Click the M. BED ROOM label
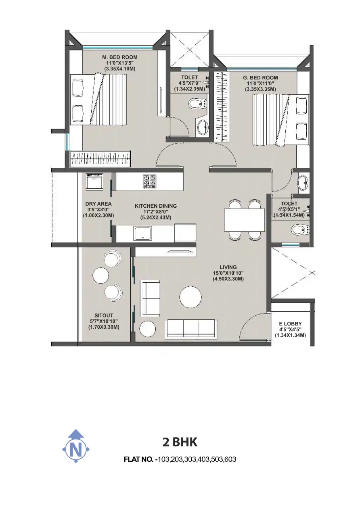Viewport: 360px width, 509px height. click(x=119, y=57)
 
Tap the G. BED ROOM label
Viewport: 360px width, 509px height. click(x=260, y=78)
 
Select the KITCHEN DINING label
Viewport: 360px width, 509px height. click(x=156, y=206)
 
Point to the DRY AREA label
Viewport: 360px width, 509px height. click(x=98, y=204)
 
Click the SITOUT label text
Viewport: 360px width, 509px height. click(x=104, y=315)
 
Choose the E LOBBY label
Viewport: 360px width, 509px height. click(x=291, y=323)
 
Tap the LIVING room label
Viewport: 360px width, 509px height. click(x=228, y=267)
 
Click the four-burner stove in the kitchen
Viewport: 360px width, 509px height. click(x=149, y=181)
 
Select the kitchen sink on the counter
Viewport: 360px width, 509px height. click(x=142, y=233)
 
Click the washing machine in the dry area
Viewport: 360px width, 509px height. click(x=94, y=182)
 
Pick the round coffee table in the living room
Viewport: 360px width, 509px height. click(x=190, y=297)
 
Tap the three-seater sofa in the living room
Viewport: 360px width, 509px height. click(x=191, y=329)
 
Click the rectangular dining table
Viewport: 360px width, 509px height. click(x=245, y=220)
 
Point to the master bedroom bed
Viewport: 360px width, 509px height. click(x=98, y=99)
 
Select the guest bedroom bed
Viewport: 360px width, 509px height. click(x=281, y=120)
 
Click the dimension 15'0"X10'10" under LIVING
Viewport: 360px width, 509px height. click(x=228, y=273)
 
